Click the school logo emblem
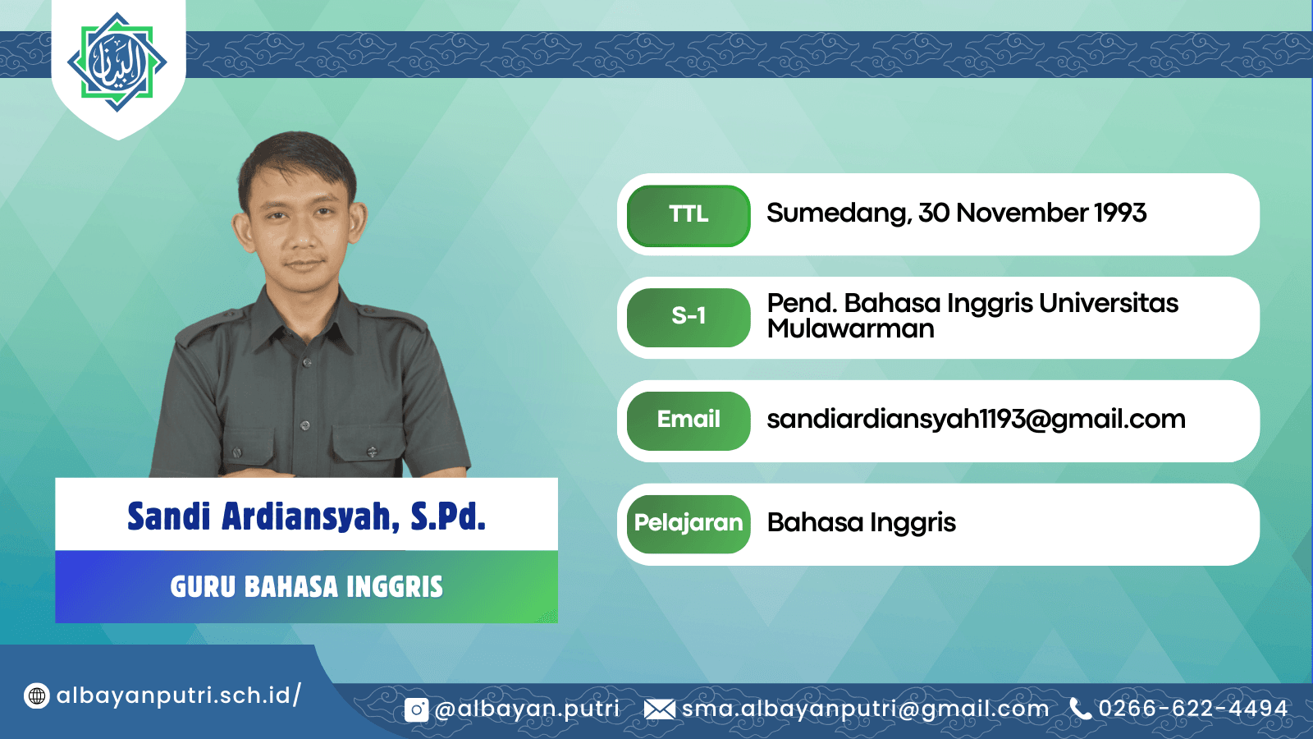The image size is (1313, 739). point(117,62)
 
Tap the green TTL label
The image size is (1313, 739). point(689,215)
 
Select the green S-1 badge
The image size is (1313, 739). point(689,317)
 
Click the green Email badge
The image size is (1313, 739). point(689,420)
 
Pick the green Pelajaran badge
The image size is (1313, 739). point(689,524)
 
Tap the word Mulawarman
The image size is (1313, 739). point(850,328)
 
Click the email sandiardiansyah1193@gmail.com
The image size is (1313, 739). point(976,420)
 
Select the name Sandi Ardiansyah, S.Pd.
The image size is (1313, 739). point(307,516)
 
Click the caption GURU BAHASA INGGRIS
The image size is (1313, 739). point(307,586)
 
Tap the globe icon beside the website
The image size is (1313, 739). point(36,696)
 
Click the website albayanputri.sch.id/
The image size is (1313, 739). point(179,695)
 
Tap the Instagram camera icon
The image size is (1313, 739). point(416,709)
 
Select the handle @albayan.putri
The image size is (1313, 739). point(527,709)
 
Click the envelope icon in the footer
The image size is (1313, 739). point(660,709)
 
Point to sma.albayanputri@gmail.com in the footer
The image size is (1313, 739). point(865,709)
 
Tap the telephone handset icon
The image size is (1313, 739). point(1080,709)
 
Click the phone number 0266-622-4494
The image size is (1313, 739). point(1193,709)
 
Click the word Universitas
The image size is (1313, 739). point(1109,303)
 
